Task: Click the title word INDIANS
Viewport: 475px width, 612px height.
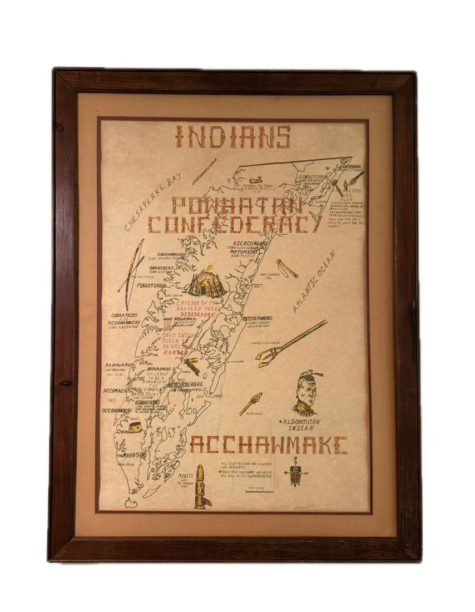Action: (x=233, y=137)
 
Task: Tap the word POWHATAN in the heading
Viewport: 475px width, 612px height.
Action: (x=237, y=205)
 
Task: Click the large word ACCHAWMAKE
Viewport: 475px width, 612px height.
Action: (x=268, y=445)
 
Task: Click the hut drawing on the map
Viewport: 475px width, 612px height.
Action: (x=206, y=283)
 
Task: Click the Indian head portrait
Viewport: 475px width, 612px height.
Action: (x=306, y=393)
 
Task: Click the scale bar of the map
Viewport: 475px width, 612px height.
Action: (x=260, y=491)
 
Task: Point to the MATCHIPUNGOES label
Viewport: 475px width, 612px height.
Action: (x=258, y=319)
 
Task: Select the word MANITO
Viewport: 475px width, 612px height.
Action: (x=185, y=476)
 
